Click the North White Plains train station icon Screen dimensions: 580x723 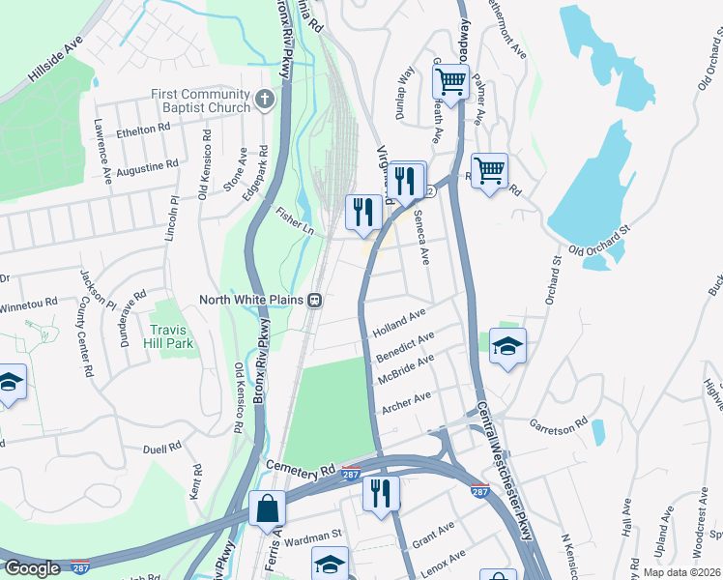pyautogui.click(x=315, y=301)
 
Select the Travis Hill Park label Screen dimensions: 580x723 pyautogui.click(x=174, y=335)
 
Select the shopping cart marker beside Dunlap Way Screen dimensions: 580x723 pyautogui.click(x=450, y=84)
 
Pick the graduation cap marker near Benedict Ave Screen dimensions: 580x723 pyautogui.click(x=507, y=346)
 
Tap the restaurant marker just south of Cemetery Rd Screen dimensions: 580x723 pyautogui.click(x=381, y=493)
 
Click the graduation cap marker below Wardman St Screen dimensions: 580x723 pyautogui.click(x=330, y=563)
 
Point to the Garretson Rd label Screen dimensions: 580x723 pyautogui.click(x=558, y=423)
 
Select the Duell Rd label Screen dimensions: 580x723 pyautogui.click(x=161, y=449)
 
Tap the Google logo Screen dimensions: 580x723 pyautogui.click(x=32, y=568)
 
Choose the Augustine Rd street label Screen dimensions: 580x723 pyautogui.click(x=147, y=165)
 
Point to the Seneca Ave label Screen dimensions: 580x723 pyautogui.click(x=421, y=238)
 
